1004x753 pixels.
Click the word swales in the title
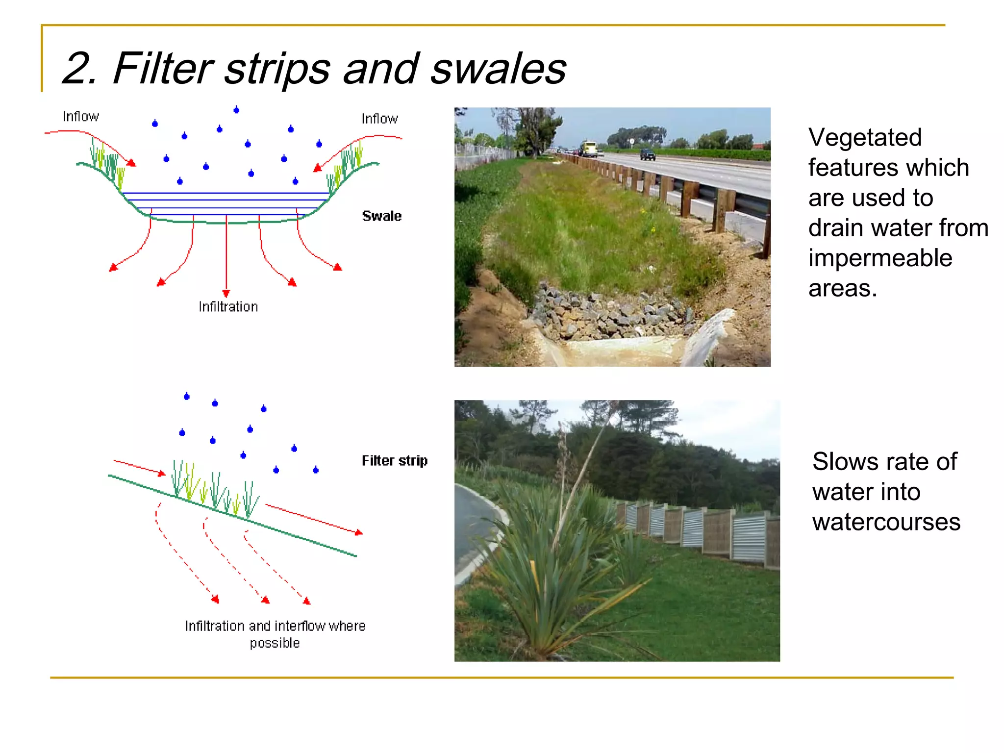pyautogui.click(x=498, y=69)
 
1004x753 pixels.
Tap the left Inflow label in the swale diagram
pyautogui.click(x=81, y=117)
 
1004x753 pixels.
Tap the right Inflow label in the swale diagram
pyautogui.click(x=379, y=119)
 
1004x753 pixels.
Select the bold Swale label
pyautogui.click(x=381, y=216)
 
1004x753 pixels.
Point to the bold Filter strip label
pyautogui.click(x=394, y=461)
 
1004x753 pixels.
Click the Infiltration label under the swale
pyautogui.click(x=228, y=307)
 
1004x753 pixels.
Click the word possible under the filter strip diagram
pyautogui.click(x=275, y=643)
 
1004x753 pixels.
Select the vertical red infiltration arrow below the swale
pyautogui.click(x=226, y=255)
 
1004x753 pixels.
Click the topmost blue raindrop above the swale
pyautogui.click(x=236, y=110)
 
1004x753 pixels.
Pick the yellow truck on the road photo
pyautogui.click(x=589, y=148)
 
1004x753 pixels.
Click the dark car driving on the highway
pyautogui.click(x=647, y=154)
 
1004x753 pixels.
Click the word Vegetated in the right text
pyautogui.click(x=865, y=137)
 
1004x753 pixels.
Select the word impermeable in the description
pyautogui.click(x=880, y=258)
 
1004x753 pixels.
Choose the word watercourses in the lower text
pyautogui.click(x=886, y=522)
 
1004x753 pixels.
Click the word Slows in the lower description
pyautogui.click(x=842, y=461)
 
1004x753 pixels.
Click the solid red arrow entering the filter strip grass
pyautogui.click(x=140, y=467)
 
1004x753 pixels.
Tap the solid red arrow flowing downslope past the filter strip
pyautogui.click(x=314, y=519)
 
